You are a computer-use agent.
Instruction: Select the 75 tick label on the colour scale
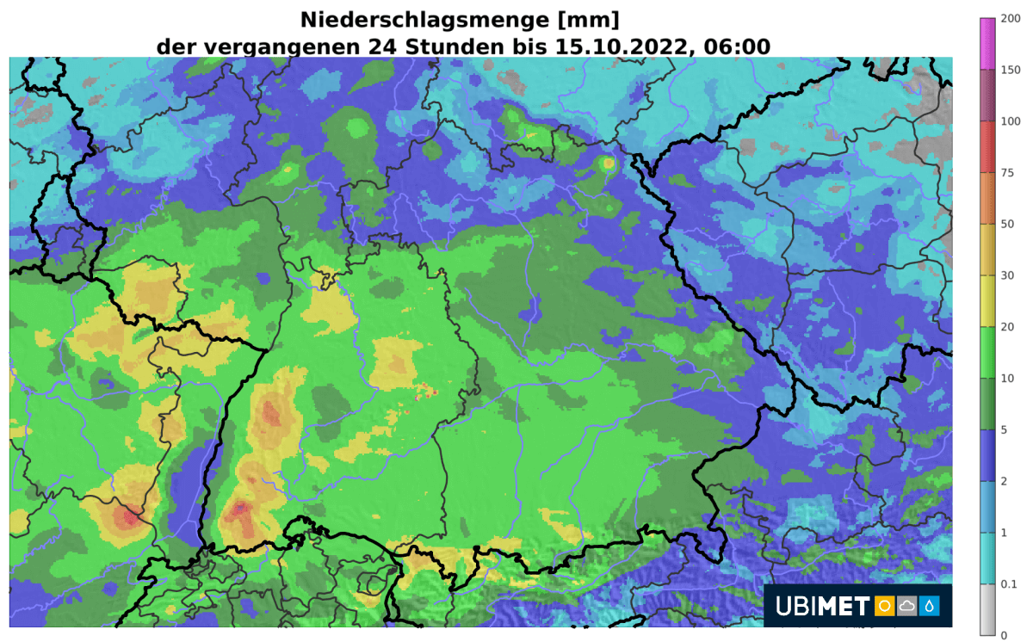(x=1007, y=173)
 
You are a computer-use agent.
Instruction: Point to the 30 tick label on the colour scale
(x=1007, y=275)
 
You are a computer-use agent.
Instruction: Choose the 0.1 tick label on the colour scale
(x=1009, y=584)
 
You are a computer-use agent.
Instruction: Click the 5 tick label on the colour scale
(x=1004, y=429)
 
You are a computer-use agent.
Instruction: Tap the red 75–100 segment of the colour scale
(x=987, y=147)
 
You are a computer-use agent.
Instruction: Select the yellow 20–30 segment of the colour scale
(x=987, y=301)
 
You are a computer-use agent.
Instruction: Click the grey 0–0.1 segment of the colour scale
(x=987, y=610)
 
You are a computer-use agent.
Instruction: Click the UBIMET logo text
(x=822, y=607)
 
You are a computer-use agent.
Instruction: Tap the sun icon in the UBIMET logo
(x=883, y=607)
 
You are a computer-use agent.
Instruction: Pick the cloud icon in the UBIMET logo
(x=906, y=607)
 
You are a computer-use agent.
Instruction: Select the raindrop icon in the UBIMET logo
(x=930, y=607)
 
